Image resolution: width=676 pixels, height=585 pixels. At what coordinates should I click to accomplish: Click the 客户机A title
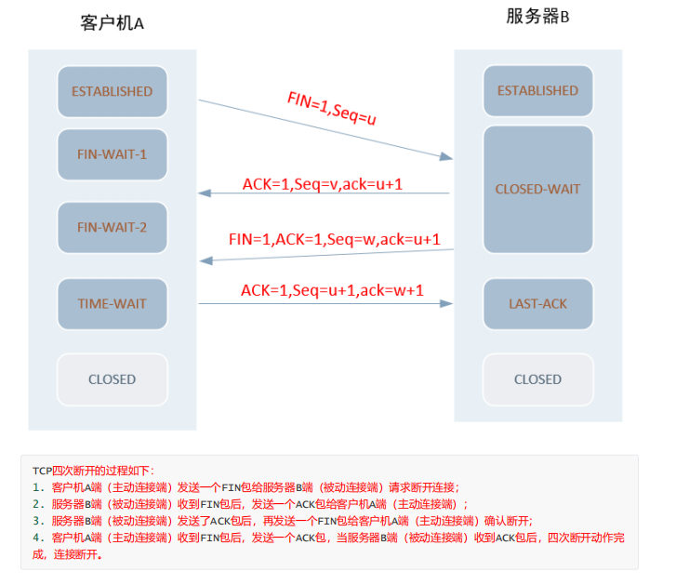[x=112, y=23]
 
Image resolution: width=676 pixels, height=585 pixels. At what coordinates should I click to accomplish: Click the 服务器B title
[x=537, y=18]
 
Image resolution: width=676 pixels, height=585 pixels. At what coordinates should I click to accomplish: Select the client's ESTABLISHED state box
[x=113, y=92]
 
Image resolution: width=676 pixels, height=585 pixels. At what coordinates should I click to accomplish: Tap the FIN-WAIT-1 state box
[x=113, y=154]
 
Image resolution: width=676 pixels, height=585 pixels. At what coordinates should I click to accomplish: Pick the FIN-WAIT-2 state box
[x=113, y=227]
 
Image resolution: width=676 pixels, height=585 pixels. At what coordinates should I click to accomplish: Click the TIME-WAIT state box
[x=113, y=303]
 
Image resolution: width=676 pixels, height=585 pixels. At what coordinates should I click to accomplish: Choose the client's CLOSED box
[x=113, y=379]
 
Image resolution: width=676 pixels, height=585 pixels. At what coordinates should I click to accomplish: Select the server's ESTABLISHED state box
[x=537, y=91]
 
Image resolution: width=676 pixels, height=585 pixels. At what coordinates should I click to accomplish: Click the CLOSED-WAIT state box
[x=537, y=190]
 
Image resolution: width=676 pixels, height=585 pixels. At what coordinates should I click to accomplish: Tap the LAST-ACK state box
[x=537, y=304]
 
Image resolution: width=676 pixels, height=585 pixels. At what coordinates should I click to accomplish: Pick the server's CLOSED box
[x=537, y=379]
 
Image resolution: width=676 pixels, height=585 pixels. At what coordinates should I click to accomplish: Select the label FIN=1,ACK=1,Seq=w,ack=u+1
[x=334, y=239]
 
